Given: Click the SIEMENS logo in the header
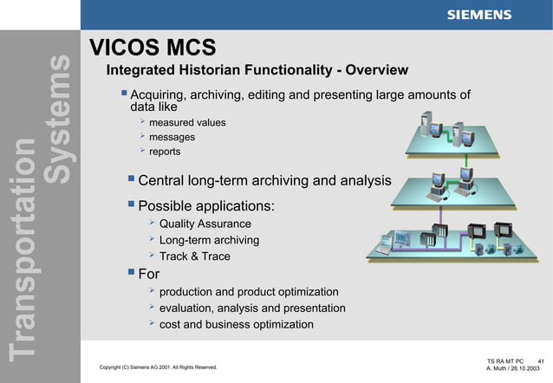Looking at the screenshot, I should (x=478, y=15).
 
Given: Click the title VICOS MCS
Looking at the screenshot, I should (x=153, y=47).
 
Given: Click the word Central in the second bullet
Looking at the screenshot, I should (x=166, y=181).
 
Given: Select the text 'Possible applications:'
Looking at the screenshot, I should (x=206, y=207).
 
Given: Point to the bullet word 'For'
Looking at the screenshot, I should (x=149, y=276).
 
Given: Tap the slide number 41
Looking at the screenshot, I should (x=541, y=360).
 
